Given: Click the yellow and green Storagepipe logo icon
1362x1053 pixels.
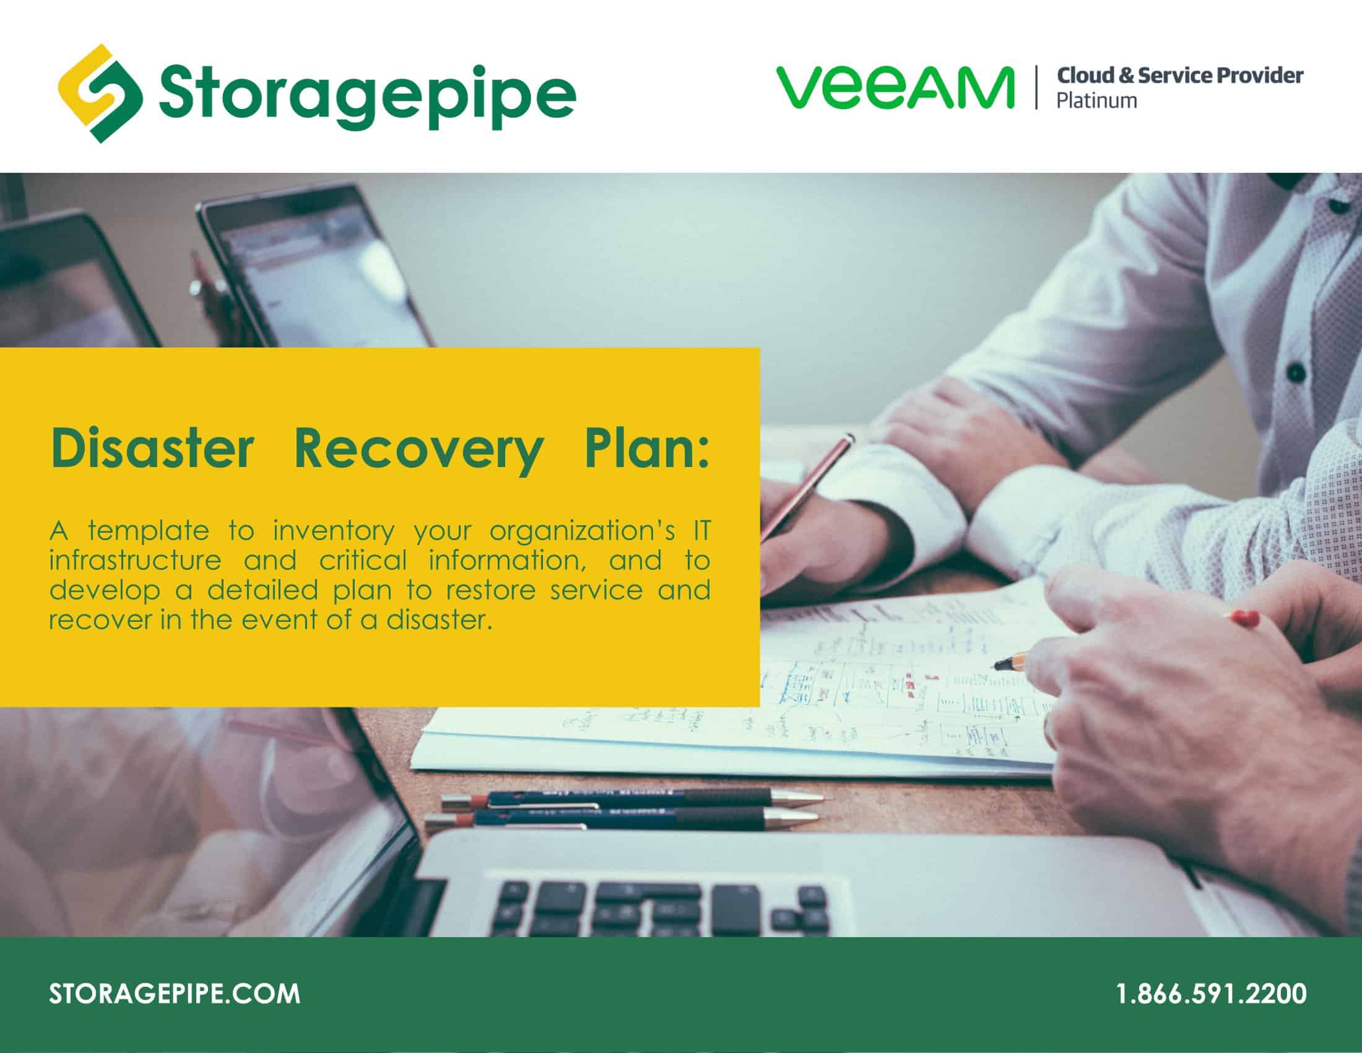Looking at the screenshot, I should [100, 94].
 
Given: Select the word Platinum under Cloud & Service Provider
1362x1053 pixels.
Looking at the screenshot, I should [1096, 101].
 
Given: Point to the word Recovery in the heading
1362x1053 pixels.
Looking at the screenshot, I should [419, 449].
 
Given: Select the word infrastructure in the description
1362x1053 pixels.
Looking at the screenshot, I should [135, 560].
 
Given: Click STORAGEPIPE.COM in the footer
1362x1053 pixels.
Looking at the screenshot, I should [175, 994].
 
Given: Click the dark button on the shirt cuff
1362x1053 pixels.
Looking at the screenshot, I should [1295, 373].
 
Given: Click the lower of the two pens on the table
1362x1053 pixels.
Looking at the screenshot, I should [623, 818].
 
